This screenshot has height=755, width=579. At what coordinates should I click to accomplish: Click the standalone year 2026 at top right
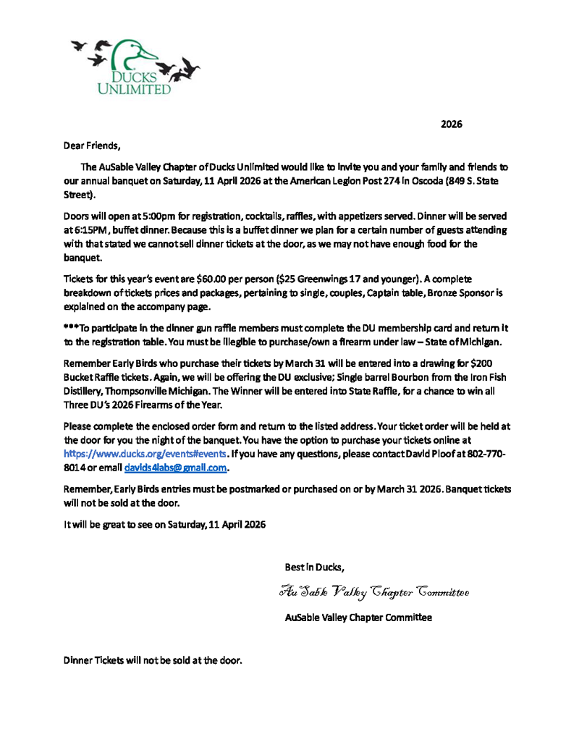(x=452, y=124)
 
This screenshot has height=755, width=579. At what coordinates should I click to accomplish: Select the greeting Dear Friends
(x=92, y=145)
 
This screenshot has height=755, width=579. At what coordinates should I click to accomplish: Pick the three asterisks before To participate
(x=71, y=327)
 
